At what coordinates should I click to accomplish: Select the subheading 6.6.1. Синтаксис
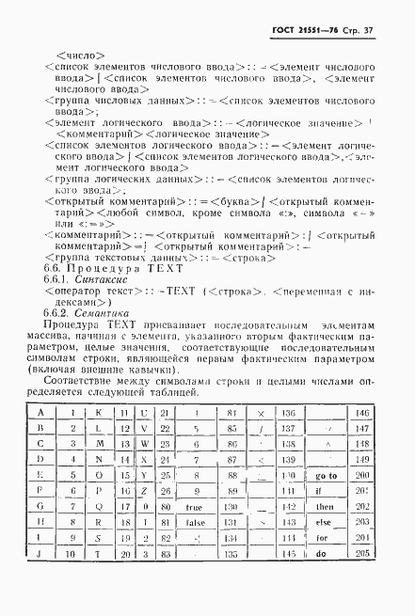(x=93, y=280)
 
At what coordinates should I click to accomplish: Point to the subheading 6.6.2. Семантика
(x=93, y=315)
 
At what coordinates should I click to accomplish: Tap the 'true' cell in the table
(x=195, y=509)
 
